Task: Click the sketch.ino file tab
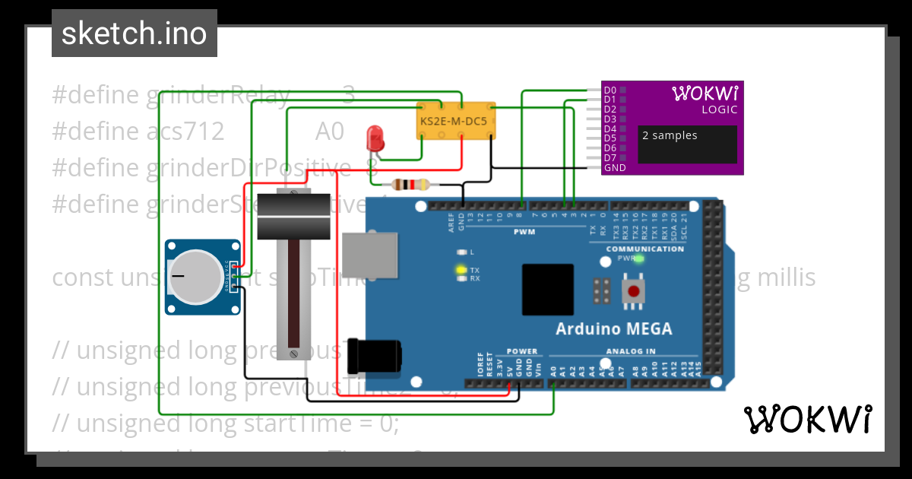tap(135, 33)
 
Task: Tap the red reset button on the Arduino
tap(632, 290)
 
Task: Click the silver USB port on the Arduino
tap(370, 254)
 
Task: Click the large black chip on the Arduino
tap(547, 290)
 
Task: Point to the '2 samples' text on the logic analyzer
tap(670, 136)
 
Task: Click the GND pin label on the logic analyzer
tap(615, 167)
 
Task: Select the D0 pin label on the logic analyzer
tap(610, 90)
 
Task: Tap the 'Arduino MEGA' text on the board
tap(614, 329)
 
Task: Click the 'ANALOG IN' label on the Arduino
tap(630, 351)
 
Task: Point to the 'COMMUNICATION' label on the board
tap(645, 249)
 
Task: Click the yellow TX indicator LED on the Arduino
tap(460, 269)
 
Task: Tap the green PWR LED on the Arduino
tap(639, 259)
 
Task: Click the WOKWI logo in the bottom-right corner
tap(808, 419)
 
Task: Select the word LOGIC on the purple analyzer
tap(719, 109)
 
